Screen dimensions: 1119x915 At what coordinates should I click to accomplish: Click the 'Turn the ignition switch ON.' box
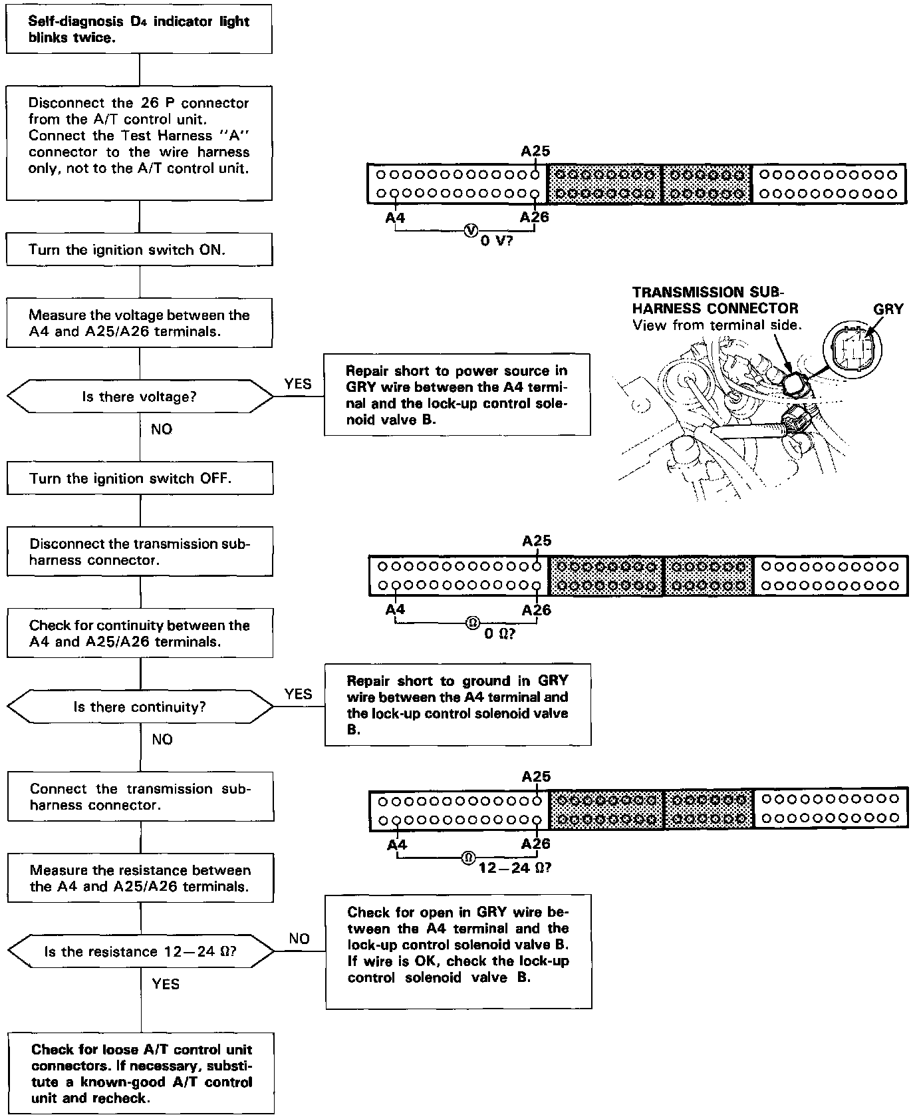[x=139, y=249]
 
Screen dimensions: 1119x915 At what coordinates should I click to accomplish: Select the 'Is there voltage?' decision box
[x=140, y=397]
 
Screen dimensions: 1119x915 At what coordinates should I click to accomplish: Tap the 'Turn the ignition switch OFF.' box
[x=140, y=478]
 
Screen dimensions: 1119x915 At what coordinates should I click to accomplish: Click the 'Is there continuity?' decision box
[x=140, y=707]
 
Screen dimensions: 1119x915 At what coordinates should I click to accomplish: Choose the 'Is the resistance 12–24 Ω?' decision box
[x=140, y=951]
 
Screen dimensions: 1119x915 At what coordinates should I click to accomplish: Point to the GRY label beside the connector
[x=888, y=309]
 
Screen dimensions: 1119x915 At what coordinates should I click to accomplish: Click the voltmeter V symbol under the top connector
[x=471, y=230]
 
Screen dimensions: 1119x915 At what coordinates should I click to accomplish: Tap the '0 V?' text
[x=497, y=241]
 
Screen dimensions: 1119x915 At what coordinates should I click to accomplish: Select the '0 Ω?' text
[x=499, y=634]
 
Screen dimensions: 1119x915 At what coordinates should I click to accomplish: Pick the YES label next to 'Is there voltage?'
[x=298, y=384]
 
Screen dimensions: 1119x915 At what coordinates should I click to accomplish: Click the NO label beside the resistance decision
[x=299, y=938]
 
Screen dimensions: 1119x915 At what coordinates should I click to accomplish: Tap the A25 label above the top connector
[x=535, y=151]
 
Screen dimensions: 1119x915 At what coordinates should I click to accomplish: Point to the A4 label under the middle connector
[x=395, y=609]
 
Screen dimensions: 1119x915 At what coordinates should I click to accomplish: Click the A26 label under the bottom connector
[x=536, y=844]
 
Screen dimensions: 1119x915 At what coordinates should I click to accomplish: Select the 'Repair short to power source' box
[x=457, y=395]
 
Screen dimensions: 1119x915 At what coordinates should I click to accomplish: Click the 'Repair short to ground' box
[x=457, y=705]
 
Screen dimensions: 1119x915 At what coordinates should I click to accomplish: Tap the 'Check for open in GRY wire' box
[x=458, y=951]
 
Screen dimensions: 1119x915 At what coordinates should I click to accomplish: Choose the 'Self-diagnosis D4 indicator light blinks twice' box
[x=139, y=29]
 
